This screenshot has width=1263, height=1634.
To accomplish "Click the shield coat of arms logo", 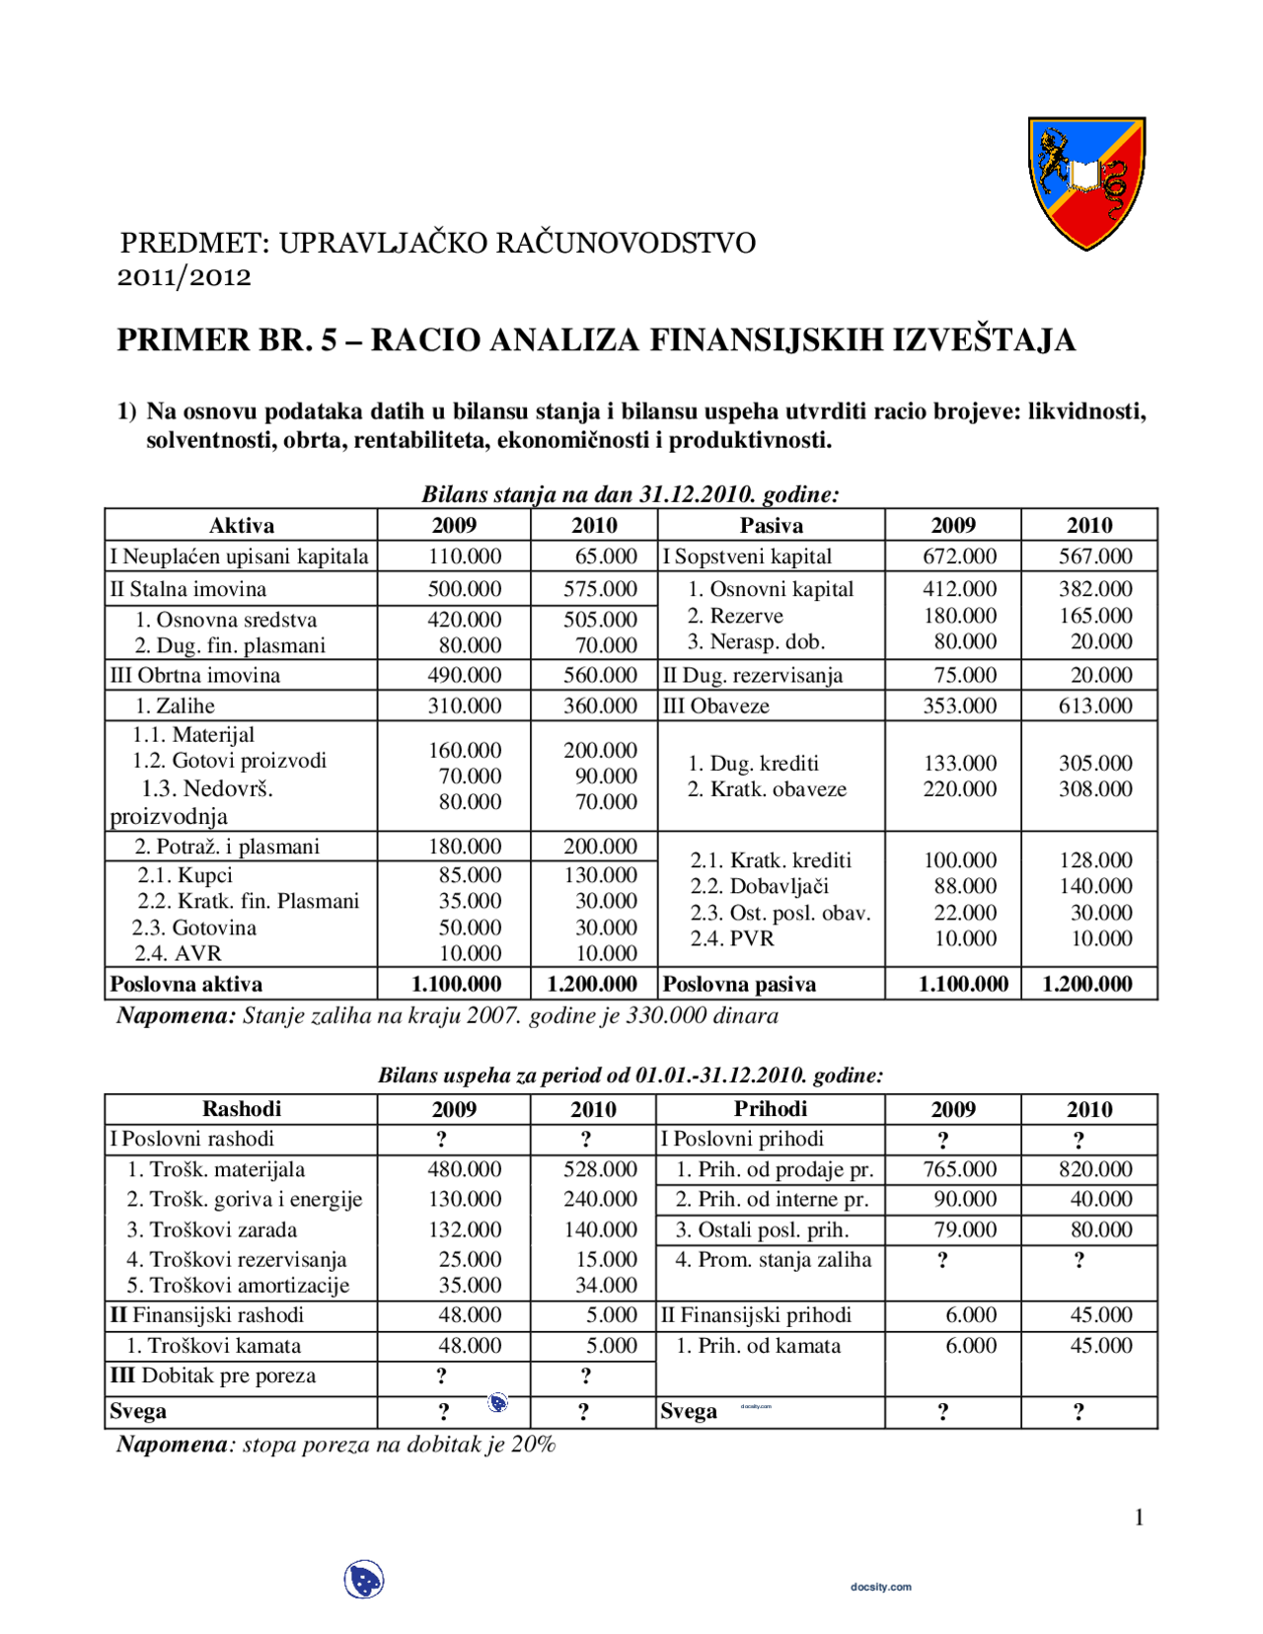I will (1086, 183).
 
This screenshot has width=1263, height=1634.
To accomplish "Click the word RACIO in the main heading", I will (425, 340).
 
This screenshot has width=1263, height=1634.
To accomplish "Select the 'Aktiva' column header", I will (241, 525).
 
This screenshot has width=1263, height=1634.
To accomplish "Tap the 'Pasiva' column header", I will (771, 525).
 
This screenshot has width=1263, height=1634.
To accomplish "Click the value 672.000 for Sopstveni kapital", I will (959, 557).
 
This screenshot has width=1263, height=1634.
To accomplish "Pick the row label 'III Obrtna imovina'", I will (195, 675).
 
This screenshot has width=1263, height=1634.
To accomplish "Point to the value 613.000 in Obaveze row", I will (1094, 706).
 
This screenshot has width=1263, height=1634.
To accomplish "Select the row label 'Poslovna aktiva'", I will (186, 984).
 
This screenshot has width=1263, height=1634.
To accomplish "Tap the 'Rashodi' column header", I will (241, 1108).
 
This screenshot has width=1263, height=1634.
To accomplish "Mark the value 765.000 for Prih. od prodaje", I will (959, 1169).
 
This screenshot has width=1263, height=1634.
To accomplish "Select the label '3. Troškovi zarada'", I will (211, 1229).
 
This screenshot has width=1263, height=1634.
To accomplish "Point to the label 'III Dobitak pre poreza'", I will (213, 1375).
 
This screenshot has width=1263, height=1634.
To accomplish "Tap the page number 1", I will (1139, 1517).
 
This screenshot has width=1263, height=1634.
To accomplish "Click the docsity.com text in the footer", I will (880, 1587).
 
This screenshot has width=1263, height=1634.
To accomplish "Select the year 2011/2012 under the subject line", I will (185, 277).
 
